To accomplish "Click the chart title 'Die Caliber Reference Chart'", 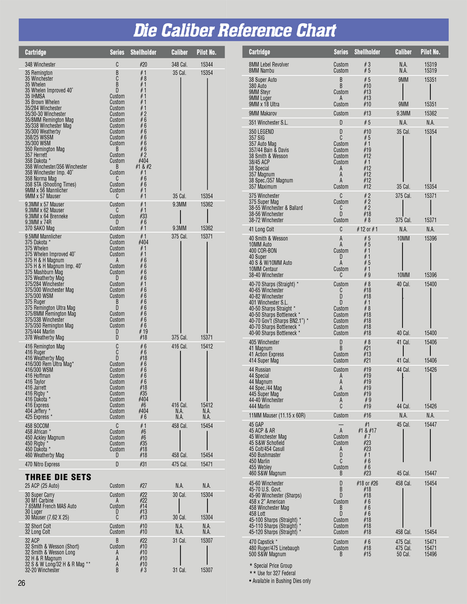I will (x=235, y=31).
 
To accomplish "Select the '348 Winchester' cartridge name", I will (x=40, y=65).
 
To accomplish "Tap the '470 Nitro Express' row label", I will (x=43, y=465).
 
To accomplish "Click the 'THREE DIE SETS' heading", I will (x=58, y=477).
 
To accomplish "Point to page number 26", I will (x=21, y=583).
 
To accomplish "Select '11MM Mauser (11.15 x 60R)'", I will (x=277, y=416).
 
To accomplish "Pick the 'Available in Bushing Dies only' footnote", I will (x=280, y=581).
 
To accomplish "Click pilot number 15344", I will (x=207, y=65).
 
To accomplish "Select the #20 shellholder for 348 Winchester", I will (x=143, y=65).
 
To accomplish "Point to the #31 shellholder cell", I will (x=143, y=465).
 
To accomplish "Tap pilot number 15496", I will (x=431, y=554).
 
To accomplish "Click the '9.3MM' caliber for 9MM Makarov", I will (x=403, y=113).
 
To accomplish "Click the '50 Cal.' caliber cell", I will (x=403, y=554).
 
